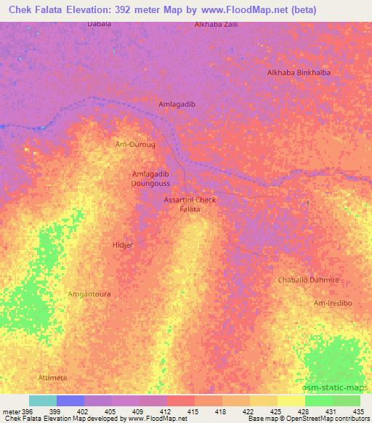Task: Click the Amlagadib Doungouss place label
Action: click(150, 179)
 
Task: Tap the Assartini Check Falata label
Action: click(190, 204)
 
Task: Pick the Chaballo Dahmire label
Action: click(309, 280)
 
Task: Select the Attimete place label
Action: click(52, 378)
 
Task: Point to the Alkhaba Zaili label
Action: click(217, 25)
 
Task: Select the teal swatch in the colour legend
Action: click(43, 400)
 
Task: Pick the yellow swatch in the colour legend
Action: click(291, 400)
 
